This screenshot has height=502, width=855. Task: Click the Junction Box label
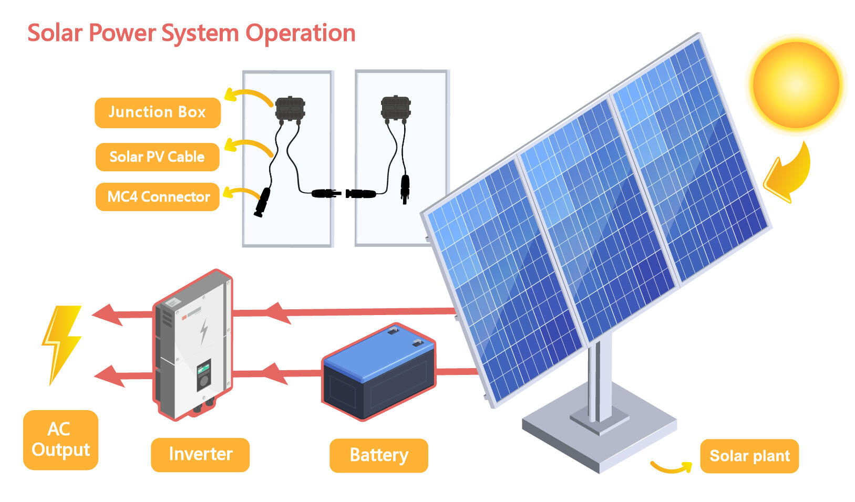click(157, 112)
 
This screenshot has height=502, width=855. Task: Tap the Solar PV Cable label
click(157, 156)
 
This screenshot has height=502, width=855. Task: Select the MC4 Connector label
click(158, 197)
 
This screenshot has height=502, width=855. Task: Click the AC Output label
click(60, 440)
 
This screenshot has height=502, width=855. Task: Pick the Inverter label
click(200, 454)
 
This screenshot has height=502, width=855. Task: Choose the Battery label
click(378, 455)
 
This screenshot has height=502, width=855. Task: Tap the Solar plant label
click(749, 456)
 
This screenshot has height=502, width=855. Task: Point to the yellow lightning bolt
click(62, 344)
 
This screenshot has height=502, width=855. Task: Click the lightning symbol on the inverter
click(204, 331)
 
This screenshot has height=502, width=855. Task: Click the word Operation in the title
click(301, 33)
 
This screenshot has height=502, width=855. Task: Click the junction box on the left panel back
click(290, 108)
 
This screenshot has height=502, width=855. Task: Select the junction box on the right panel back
click(396, 107)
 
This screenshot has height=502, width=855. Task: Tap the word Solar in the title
click(55, 33)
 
